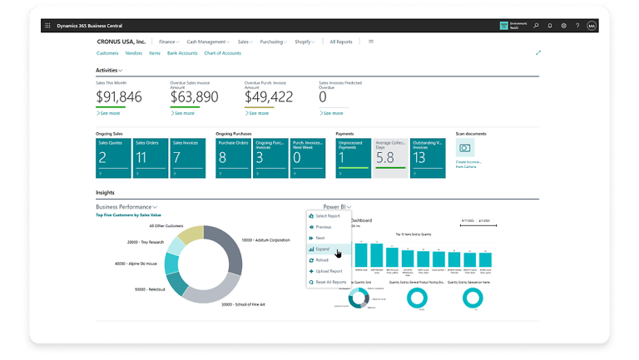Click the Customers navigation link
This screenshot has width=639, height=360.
[x=107, y=53]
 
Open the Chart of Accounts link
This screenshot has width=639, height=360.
[x=222, y=53]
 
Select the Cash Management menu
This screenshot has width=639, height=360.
[x=207, y=42]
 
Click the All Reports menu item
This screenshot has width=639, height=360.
[x=340, y=42]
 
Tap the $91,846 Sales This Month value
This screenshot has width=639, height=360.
[x=119, y=97]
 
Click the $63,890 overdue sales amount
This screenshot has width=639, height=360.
[x=194, y=97]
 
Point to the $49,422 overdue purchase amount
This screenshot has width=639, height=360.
[x=268, y=97]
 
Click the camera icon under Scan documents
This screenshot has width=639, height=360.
[x=464, y=148]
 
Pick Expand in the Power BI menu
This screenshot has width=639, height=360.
[x=323, y=249]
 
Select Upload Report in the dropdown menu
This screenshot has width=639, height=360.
[x=329, y=271]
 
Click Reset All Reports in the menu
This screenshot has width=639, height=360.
[x=331, y=282]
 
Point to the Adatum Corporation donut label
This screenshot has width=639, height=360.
[x=269, y=239]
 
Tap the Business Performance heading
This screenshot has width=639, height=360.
[x=125, y=206]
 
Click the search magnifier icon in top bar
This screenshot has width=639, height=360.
[x=536, y=26]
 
